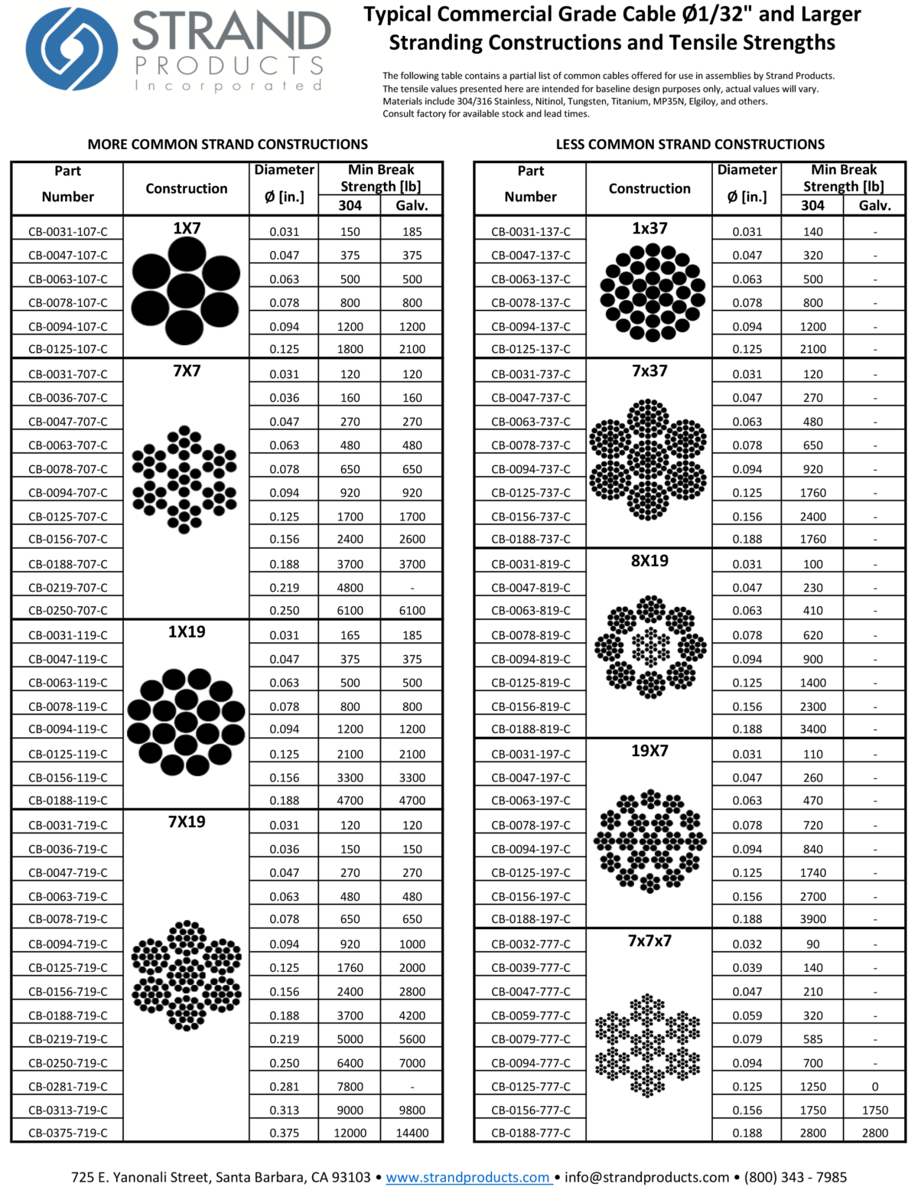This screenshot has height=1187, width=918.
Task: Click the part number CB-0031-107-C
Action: pyautogui.click(x=68, y=232)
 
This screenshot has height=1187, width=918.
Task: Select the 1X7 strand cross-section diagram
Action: pyautogui.click(x=186, y=291)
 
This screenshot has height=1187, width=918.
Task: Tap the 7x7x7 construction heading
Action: pyautogui.click(x=649, y=941)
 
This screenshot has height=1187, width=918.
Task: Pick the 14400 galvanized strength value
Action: pyautogui.click(x=412, y=1133)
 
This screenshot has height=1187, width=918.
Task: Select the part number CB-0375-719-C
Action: pyautogui.click(x=68, y=1133)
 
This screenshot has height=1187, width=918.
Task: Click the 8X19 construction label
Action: pyautogui.click(x=649, y=561)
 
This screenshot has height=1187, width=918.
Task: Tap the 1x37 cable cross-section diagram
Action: pyautogui.click(x=652, y=292)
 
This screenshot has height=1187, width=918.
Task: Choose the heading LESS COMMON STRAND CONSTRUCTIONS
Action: pyautogui.click(x=690, y=144)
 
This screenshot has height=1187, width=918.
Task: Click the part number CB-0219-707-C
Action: pyautogui.click(x=68, y=588)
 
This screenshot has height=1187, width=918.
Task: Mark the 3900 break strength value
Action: pyautogui.click(x=812, y=919)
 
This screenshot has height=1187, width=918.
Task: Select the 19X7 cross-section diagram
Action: pyautogui.click(x=650, y=841)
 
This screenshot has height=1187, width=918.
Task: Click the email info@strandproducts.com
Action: pyautogui.click(x=647, y=1177)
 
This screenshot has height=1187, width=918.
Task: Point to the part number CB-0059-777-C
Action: pyautogui.click(x=531, y=1016)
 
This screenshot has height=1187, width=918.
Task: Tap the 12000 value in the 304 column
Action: pyautogui.click(x=350, y=1133)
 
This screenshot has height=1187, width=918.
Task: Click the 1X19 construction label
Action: pyautogui.click(x=187, y=631)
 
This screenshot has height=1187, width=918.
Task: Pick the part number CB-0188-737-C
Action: pyautogui.click(x=531, y=539)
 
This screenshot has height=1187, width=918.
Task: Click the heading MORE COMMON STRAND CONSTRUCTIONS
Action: pyautogui.click(x=227, y=144)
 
